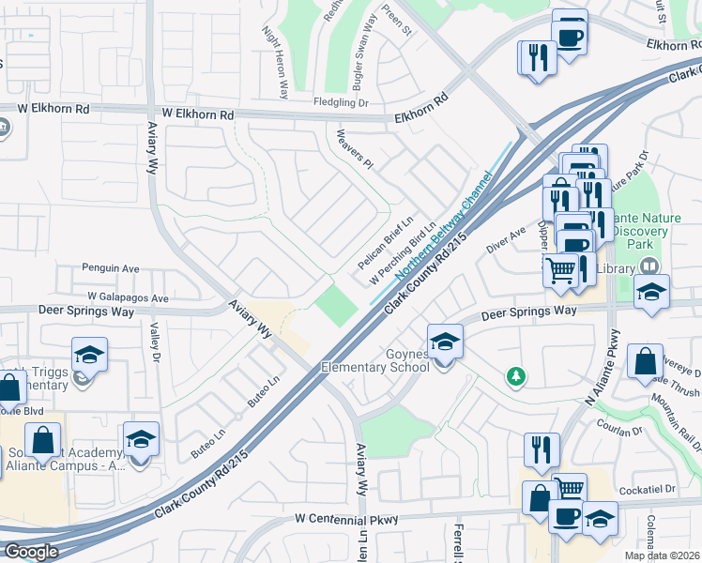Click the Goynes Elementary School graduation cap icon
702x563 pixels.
[446, 340]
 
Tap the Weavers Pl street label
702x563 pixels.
[355, 149]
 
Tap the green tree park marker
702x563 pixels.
[514, 377]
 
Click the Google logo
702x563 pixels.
[30, 552]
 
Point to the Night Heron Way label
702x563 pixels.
[276, 62]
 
